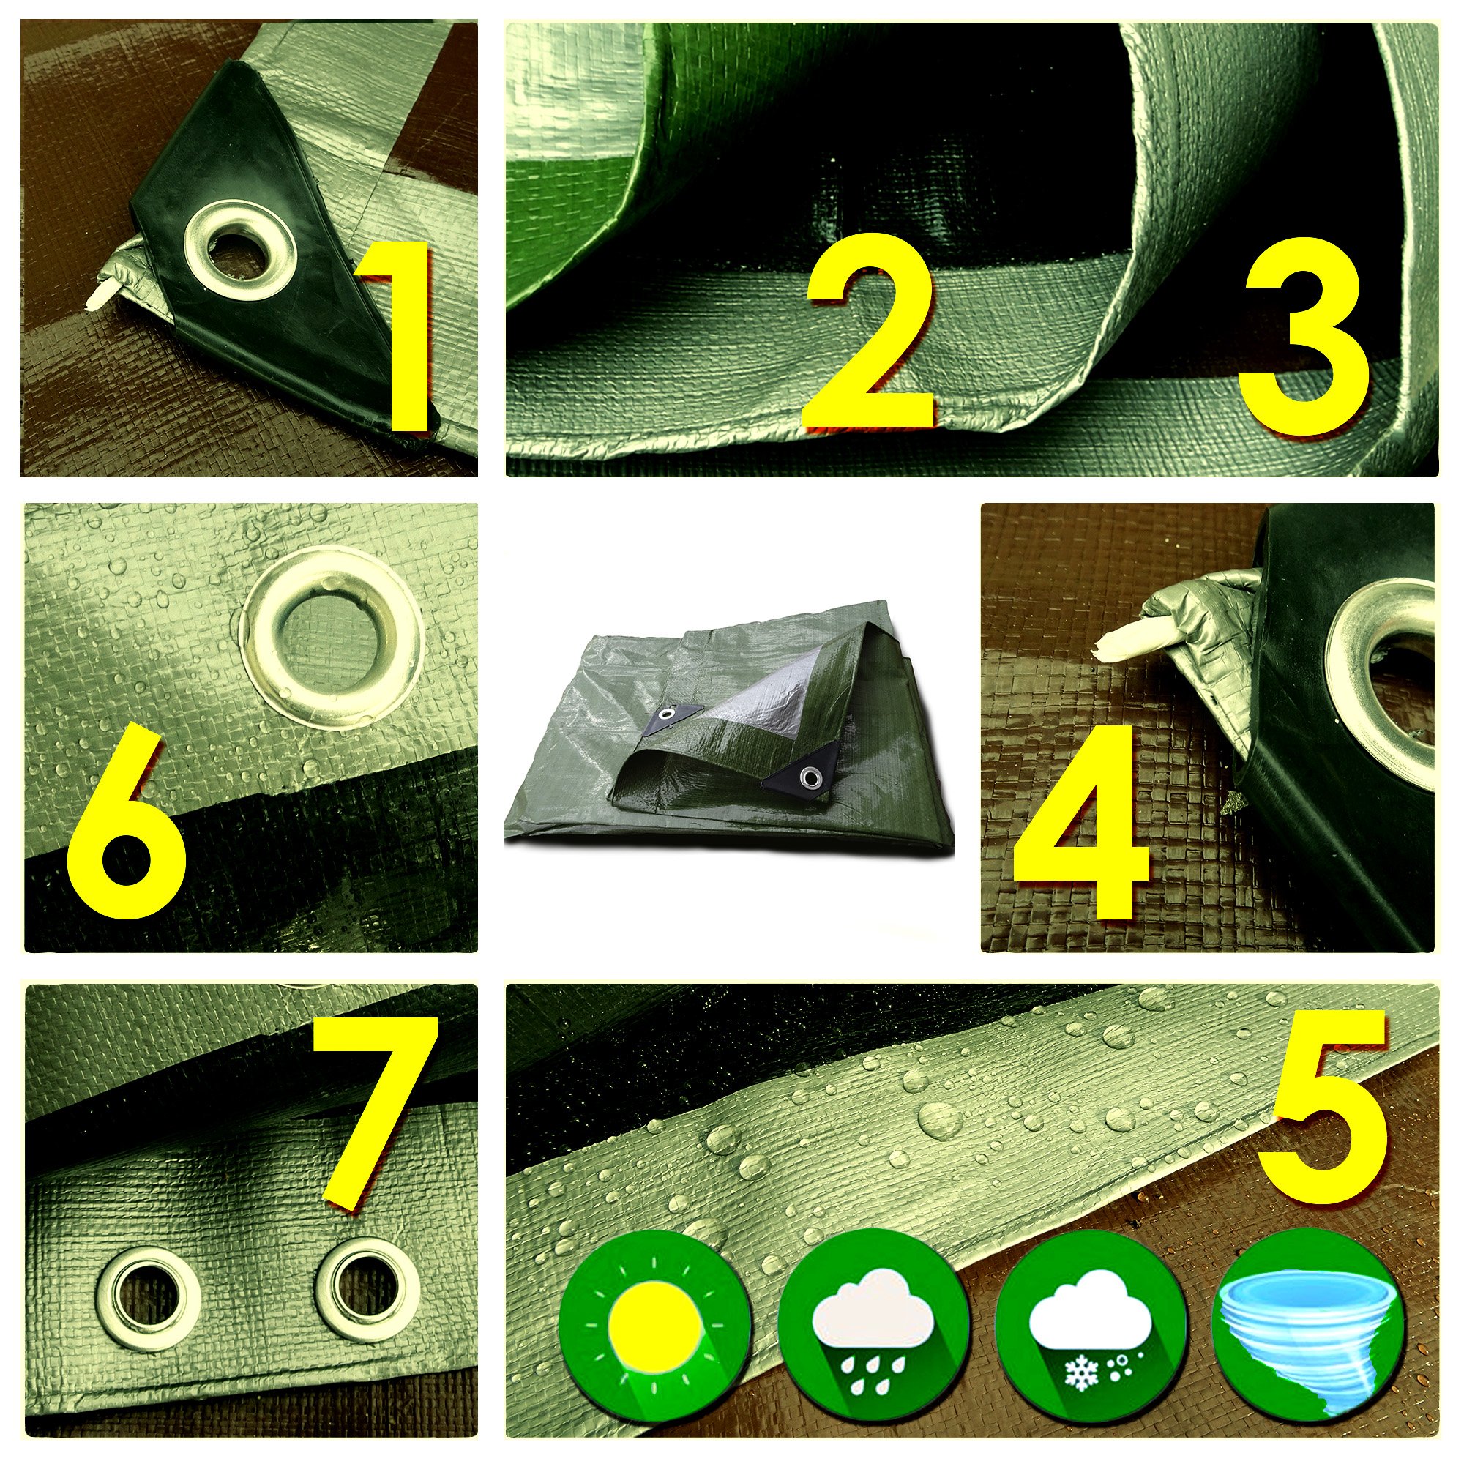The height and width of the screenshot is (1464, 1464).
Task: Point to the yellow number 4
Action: pos(1081,821)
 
